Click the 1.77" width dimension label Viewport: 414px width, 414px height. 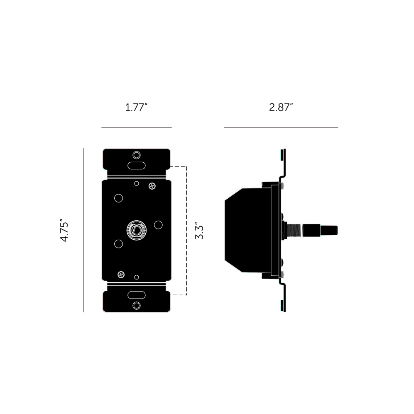[136, 108]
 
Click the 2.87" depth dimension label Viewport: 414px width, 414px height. [281, 108]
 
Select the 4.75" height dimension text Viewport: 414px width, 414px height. [65, 230]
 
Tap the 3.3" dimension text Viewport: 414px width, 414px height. [200, 232]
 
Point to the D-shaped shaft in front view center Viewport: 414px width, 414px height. [137, 230]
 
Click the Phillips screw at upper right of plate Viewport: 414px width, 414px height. [152, 186]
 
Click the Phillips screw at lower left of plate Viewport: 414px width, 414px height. [121, 274]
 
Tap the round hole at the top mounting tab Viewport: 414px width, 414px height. [137, 155]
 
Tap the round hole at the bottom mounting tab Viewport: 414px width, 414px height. [137, 306]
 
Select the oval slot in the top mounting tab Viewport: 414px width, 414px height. [137, 166]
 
